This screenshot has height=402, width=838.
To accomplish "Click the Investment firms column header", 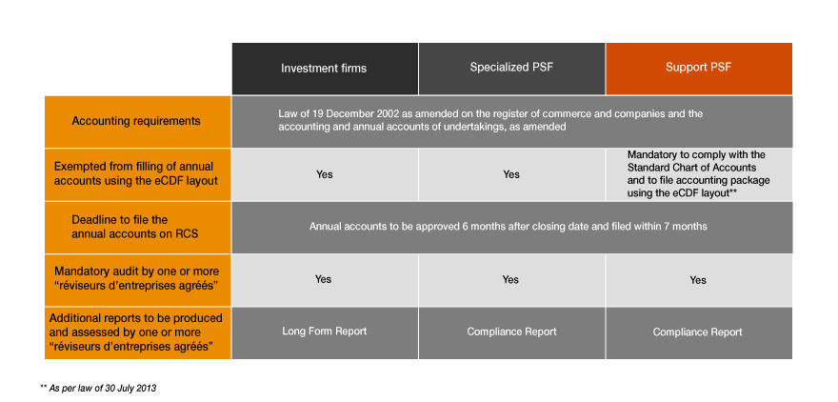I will [x=324, y=69].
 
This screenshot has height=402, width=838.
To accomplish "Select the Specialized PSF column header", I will [x=511, y=69].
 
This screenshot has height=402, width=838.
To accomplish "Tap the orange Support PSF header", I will [x=698, y=69].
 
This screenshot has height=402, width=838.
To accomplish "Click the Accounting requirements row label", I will [x=136, y=121].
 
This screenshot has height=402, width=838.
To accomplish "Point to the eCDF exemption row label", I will [x=136, y=174].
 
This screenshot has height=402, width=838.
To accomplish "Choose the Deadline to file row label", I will [x=136, y=227].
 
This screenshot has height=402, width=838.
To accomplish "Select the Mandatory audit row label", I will [x=136, y=279].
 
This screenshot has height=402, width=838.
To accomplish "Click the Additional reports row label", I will [x=136, y=332].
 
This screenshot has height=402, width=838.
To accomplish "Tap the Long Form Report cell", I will [x=324, y=332].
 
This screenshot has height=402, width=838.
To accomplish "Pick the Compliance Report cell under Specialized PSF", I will [x=511, y=332].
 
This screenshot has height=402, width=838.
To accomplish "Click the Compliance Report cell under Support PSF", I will [x=698, y=332].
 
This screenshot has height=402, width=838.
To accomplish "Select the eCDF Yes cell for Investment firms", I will [x=324, y=174].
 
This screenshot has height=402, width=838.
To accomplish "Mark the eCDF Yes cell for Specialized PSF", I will [x=511, y=174].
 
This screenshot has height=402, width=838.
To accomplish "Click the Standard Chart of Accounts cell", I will [x=698, y=173].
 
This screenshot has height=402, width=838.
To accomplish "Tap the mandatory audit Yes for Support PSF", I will [x=698, y=280].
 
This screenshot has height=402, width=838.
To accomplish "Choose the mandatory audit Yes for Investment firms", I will [x=324, y=279].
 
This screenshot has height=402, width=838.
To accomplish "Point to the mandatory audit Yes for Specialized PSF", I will [x=511, y=279].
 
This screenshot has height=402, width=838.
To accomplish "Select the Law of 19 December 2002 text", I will [x=490, y=120].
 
